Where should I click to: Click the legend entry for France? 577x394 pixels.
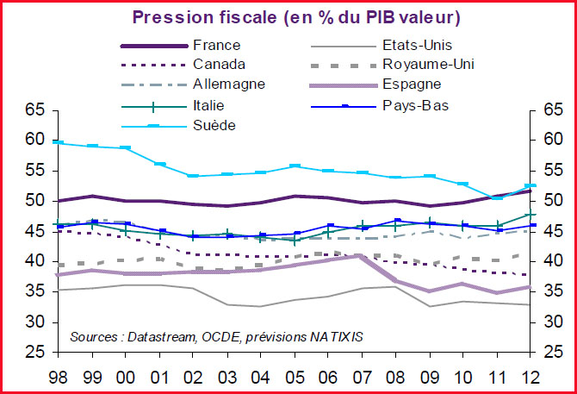click(217, 45)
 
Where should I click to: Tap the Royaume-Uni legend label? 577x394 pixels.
click(427, 64)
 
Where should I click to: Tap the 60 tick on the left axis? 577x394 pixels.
click(34, 140)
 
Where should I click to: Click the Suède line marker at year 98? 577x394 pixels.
click(59, 142)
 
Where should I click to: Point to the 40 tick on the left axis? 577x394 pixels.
click(34, 261)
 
